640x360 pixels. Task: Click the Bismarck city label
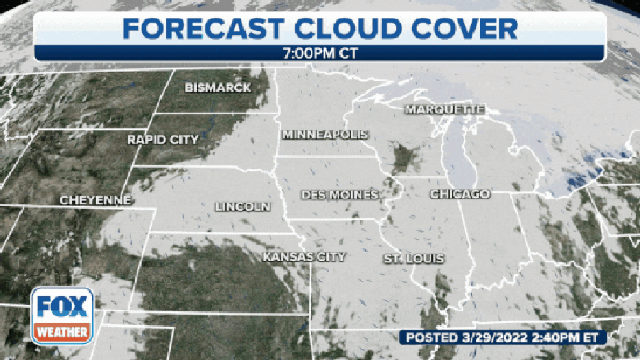pyautogui.click(x=218, y=88)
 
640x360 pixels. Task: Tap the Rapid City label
pyautogui.click(x=163, y=140)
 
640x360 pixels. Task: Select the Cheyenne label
pyautogui.click(x=95, y=201)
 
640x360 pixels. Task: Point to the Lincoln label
pyautogui.click(x=242, y=206)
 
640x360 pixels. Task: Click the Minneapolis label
pyautogui.click(x=325, y=134)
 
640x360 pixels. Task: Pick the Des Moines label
pyautogui.click(x=340, y=195)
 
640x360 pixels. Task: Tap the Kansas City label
pyautogui.click(x=304, y=256)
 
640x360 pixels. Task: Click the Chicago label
pyautogui.click(x=459, y=194)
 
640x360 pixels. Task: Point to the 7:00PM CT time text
pyautogui.click(x=320, y=53)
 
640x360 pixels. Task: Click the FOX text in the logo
pyautogui.click(x=62, y=306)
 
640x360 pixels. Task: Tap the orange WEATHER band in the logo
pyautogui.click(x=62, y=333)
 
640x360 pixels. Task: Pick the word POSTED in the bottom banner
pyautogui.click(x=433, y=337)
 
